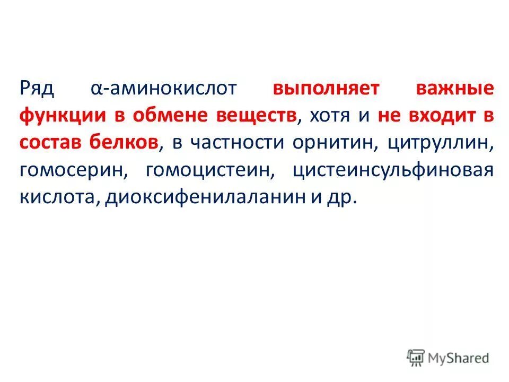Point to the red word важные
click(x=454, y=88)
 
